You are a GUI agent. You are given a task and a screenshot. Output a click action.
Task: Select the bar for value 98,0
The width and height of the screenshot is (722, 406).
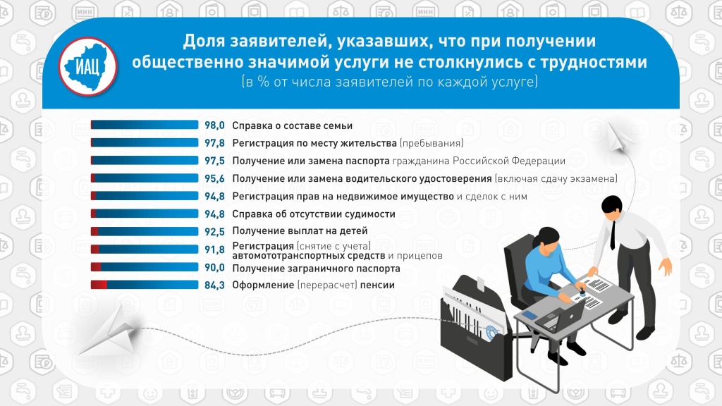click(145, 125)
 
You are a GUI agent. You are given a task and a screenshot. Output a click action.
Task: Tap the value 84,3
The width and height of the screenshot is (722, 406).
click(214, 285)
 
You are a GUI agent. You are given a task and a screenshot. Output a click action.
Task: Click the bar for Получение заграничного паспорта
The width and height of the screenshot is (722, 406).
click(145, 267)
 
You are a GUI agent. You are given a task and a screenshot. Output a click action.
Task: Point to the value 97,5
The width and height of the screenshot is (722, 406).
click(214, 161)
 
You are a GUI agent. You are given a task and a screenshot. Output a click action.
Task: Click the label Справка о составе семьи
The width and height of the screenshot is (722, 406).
click(293, 125)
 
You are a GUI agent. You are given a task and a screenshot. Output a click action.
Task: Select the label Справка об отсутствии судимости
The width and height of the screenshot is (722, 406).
click(314, 214)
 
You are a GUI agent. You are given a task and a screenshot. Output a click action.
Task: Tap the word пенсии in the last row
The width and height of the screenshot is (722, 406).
click(377, 285)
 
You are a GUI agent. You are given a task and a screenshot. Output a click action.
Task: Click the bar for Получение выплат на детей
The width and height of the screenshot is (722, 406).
click(145, 231)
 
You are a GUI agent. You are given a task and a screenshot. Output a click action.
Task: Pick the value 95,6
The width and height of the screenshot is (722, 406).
click(214, 178)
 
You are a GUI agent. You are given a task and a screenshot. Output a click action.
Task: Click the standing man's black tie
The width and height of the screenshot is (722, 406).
click(613, 235)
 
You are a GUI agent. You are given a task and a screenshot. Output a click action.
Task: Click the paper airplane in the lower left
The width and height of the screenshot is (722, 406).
click(109, 331)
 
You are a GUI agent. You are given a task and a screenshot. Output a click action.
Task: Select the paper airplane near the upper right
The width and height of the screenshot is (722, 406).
click(619, 137)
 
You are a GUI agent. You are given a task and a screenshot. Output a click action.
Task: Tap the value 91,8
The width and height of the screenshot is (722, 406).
click(214, 250)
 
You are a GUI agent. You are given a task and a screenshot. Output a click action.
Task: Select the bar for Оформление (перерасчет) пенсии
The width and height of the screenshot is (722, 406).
click(145, 285)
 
